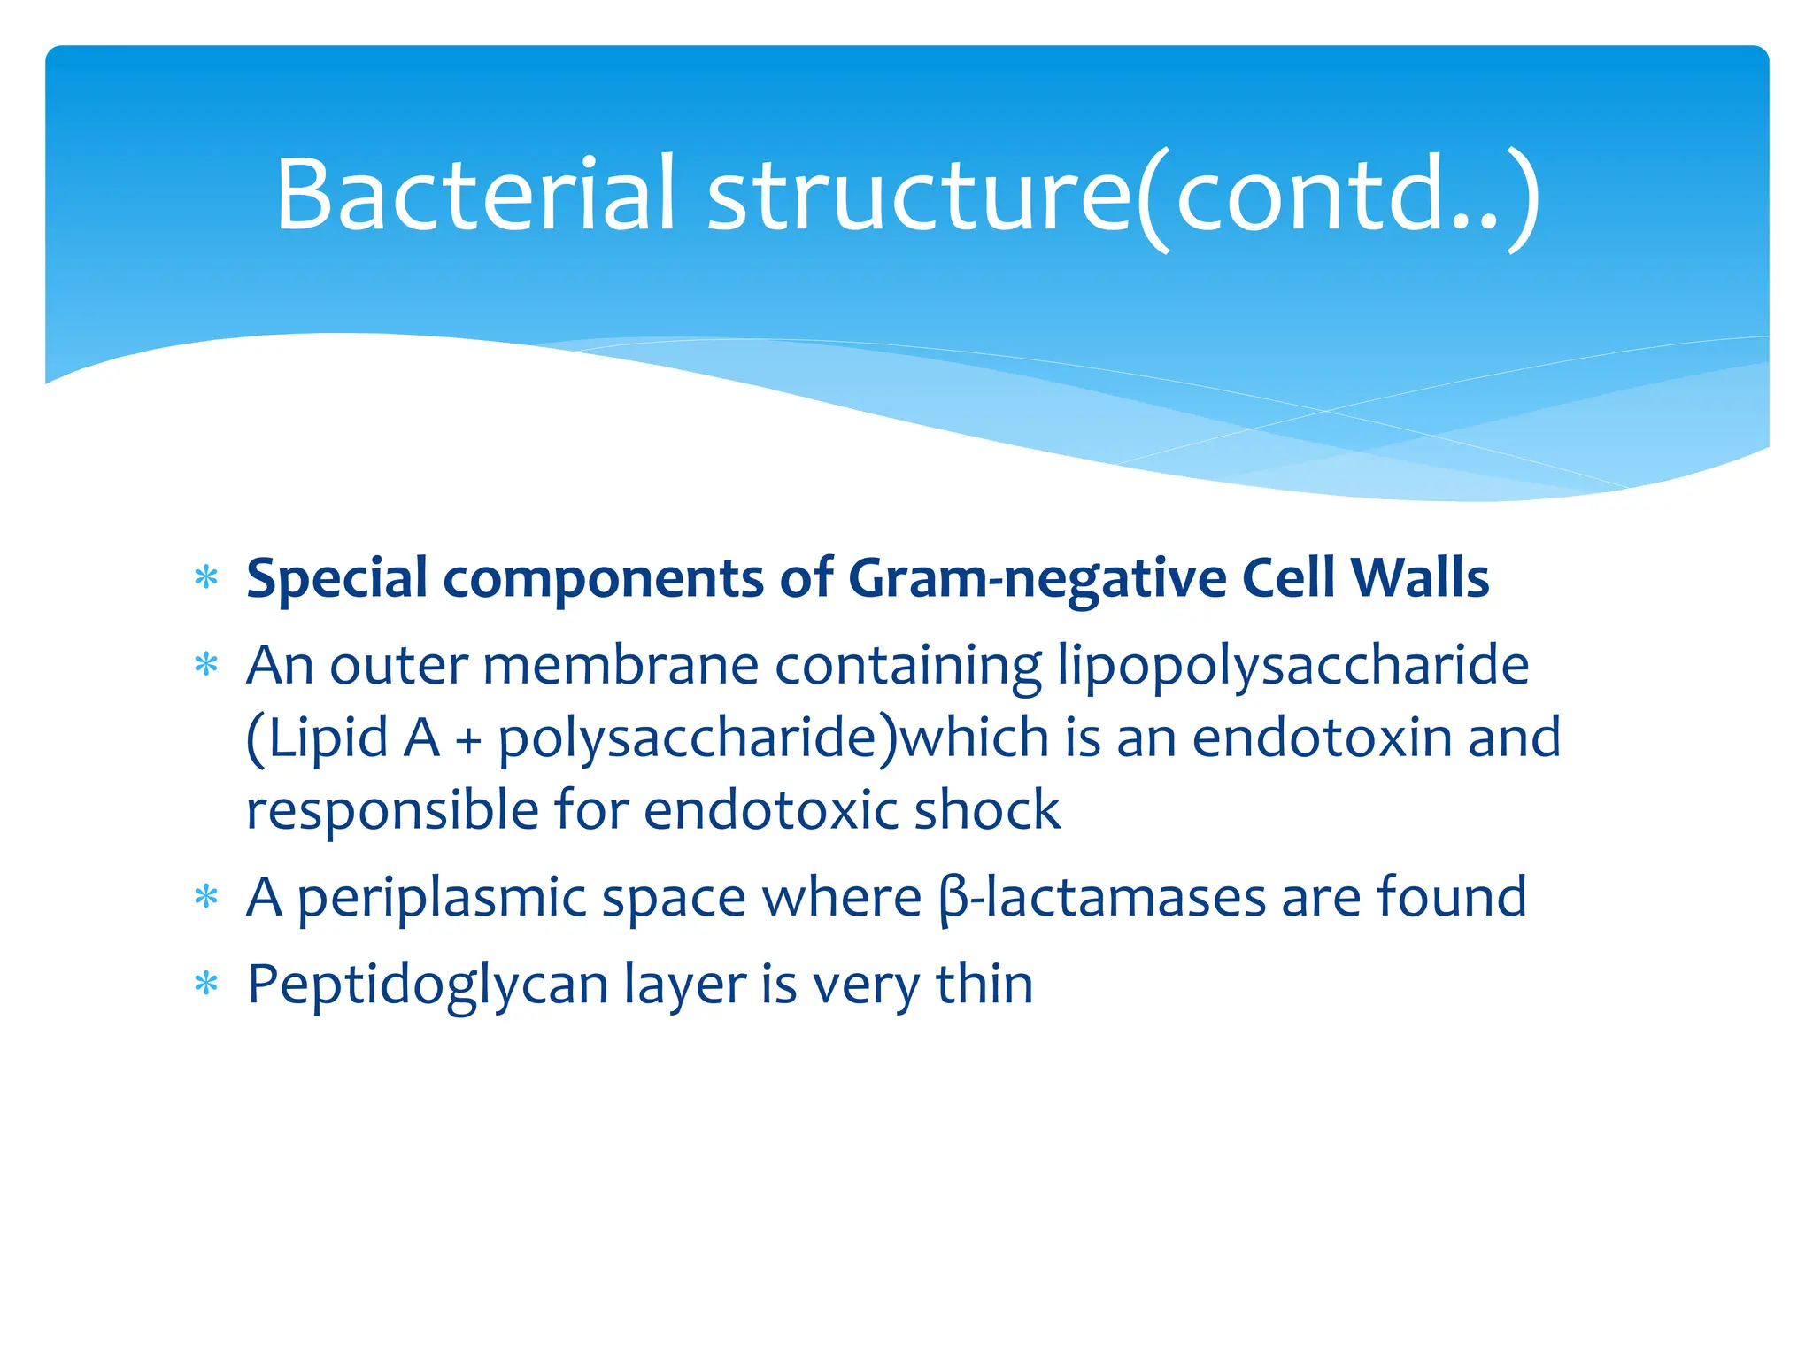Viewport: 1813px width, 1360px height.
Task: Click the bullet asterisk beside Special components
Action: [206, 579]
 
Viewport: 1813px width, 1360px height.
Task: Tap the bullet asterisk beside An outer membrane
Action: [206, 665]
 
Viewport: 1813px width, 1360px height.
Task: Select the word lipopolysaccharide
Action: [1293, 667]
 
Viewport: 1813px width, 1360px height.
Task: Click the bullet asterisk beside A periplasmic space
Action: [206, 898]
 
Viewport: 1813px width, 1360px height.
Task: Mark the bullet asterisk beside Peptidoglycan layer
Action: [206, 985]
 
